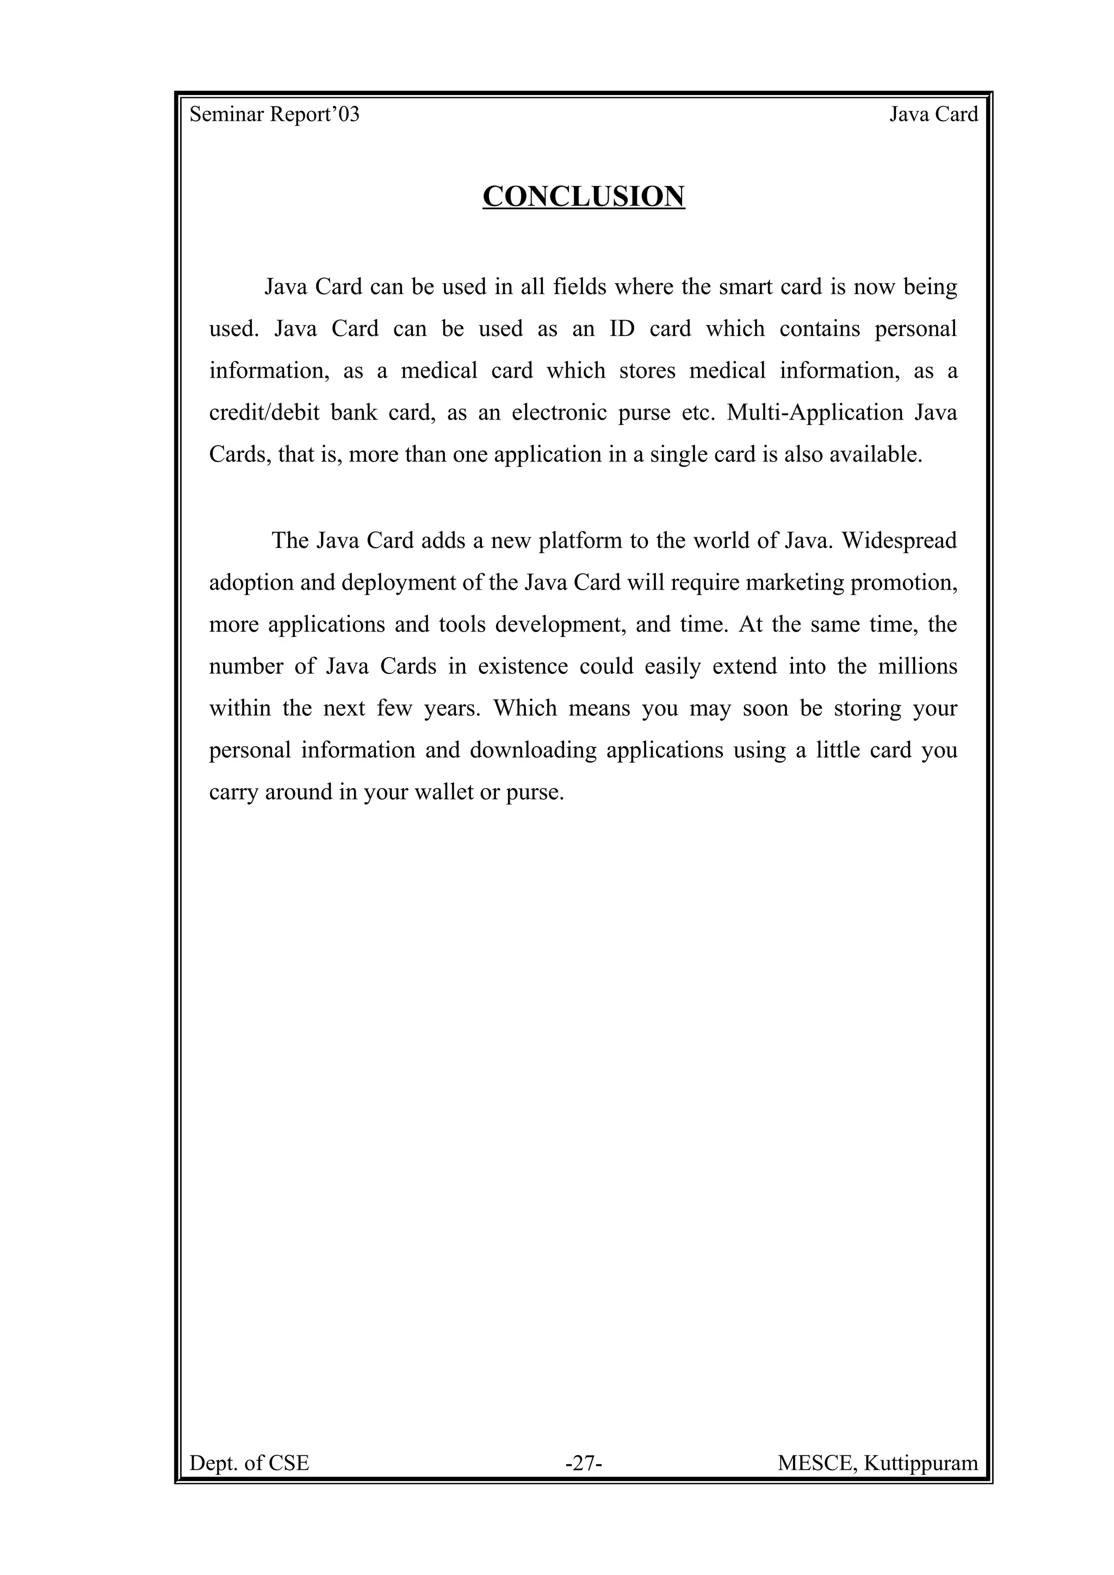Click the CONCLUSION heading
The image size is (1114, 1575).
[584, 196]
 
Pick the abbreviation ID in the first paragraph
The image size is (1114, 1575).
[622, 329]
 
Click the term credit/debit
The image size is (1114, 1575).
[264, 412]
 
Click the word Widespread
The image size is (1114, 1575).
[899, 541]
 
